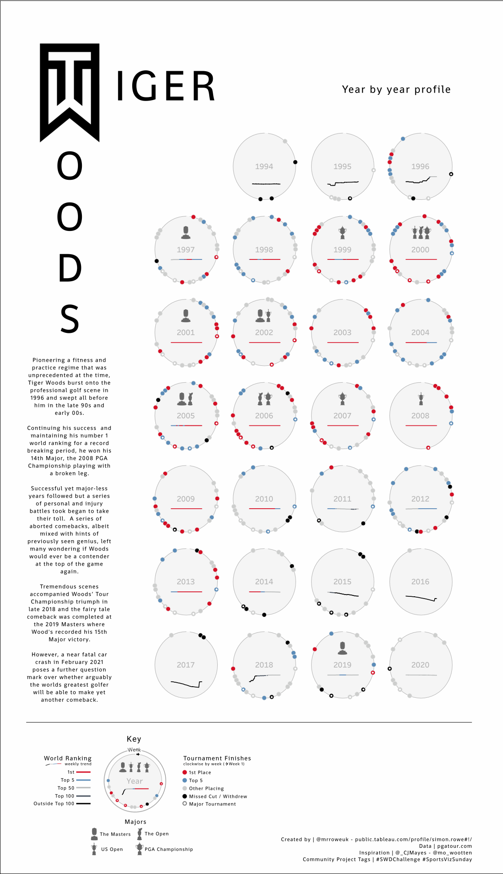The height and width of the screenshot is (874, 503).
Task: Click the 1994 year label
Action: pos(264,166)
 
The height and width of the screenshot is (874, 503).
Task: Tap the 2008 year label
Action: pos(420,416)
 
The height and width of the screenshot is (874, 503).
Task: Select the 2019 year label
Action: pos(342,665)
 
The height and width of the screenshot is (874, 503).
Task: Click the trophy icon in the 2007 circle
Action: pos(342,398)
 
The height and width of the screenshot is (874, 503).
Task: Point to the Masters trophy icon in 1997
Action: pos(186,232)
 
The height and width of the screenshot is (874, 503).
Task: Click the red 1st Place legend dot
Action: pos(185,772)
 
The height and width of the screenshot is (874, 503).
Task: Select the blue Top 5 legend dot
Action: pos(185,780)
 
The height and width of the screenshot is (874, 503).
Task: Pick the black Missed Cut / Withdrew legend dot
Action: pos(185,796)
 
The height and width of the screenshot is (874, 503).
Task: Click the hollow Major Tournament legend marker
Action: pos(185,804)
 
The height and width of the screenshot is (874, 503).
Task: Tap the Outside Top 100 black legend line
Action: pos(83,804)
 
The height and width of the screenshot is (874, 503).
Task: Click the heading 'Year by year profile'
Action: pos(396,89)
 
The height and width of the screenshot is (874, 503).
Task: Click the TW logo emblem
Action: pos(69,92)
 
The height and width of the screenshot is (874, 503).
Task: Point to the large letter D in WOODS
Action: pos(70,268)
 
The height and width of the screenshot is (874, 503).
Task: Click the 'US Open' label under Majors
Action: pos(112,849)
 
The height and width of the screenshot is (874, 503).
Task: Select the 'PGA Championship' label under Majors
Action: pos(169,849)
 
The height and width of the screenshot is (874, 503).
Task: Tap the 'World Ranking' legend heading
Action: pos(68,758)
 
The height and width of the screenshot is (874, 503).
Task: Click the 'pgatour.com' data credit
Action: pos(454,846)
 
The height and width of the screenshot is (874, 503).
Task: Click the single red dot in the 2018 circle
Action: pos(233,668)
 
